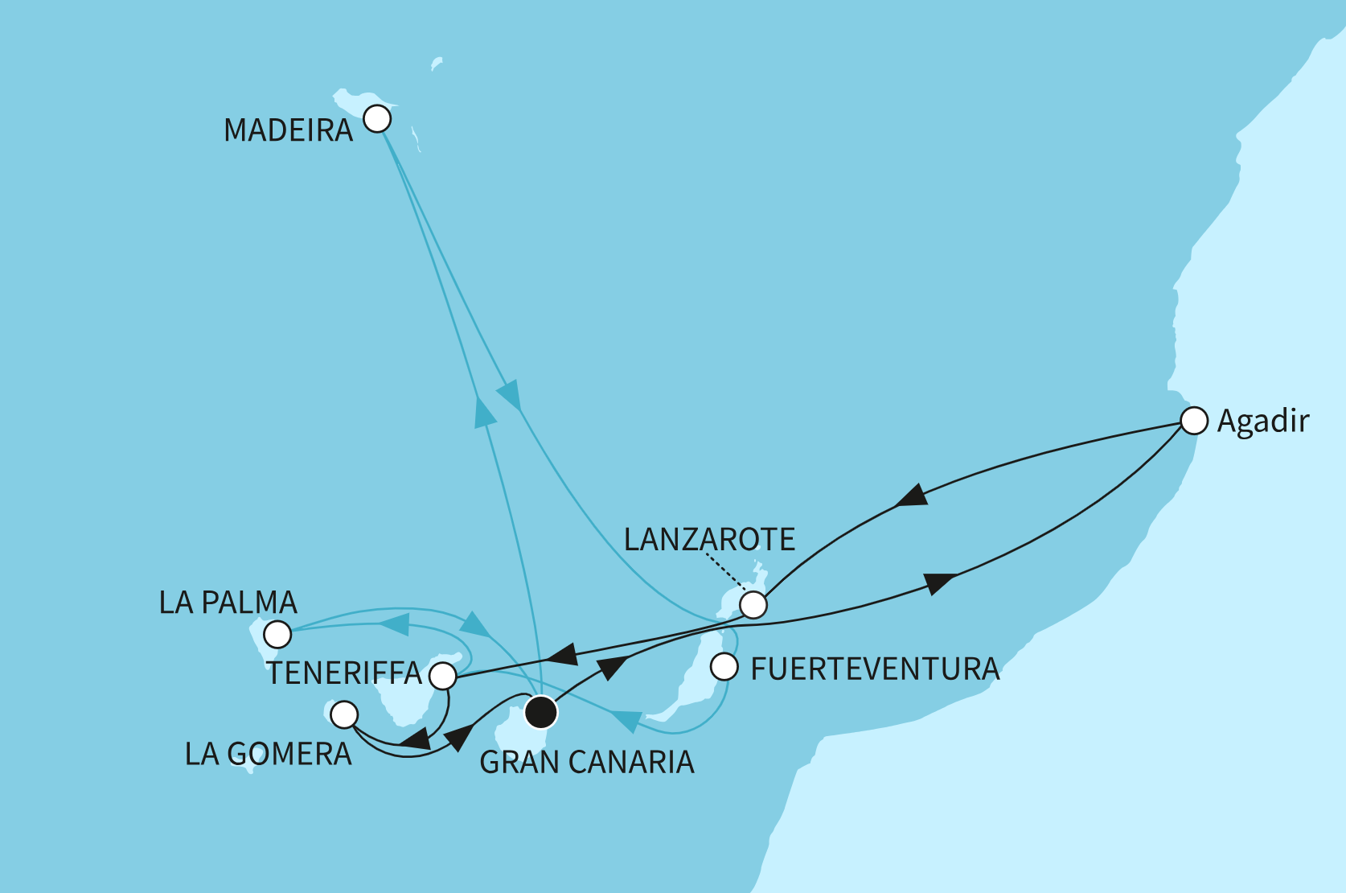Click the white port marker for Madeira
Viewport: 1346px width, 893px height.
[x=377, y=119]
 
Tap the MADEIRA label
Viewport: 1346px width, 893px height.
[x=288, y=130]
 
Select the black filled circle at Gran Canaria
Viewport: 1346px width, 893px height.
[x=541, y=711]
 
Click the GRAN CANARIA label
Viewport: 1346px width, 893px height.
[x=587, y=763]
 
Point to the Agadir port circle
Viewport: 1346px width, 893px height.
[x=1194, y=421]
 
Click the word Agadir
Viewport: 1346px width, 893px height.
[x=1263, y=421]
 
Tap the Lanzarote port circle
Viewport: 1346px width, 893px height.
[x=753, y=604]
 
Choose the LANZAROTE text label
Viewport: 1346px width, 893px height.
[x=709, y=540]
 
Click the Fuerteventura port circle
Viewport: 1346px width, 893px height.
[x=724, y=667]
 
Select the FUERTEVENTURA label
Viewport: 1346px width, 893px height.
[x=875, y=669]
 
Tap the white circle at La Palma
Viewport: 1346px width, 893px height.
[x=277, y=634]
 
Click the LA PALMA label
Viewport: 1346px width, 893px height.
[x=228, y=603]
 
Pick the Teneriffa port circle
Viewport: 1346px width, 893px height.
[x=443, y=676]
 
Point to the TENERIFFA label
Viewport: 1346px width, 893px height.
[x=344, y=673]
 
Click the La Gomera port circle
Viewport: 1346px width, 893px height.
[x=344, y=714]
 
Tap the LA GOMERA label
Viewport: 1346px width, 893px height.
[x=269, y=755]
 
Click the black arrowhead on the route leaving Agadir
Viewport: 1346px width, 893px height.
[x=912, y=496]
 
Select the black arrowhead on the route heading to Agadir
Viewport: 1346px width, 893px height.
[x=939, y=582]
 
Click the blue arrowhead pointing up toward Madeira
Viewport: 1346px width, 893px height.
[x=485, y=412]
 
